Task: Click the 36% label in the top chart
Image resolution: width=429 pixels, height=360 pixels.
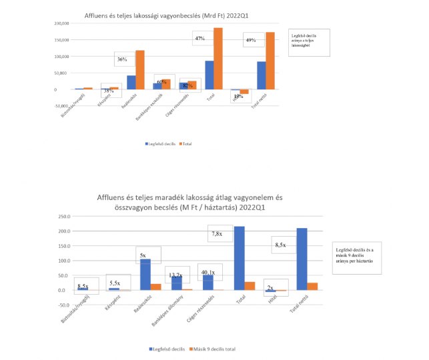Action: point(122,60)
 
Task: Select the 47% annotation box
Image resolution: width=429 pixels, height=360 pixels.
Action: point(199,39)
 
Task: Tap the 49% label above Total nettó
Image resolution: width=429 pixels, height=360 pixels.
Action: point(251,41)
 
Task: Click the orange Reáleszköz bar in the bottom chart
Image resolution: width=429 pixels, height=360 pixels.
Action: point(155,287)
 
